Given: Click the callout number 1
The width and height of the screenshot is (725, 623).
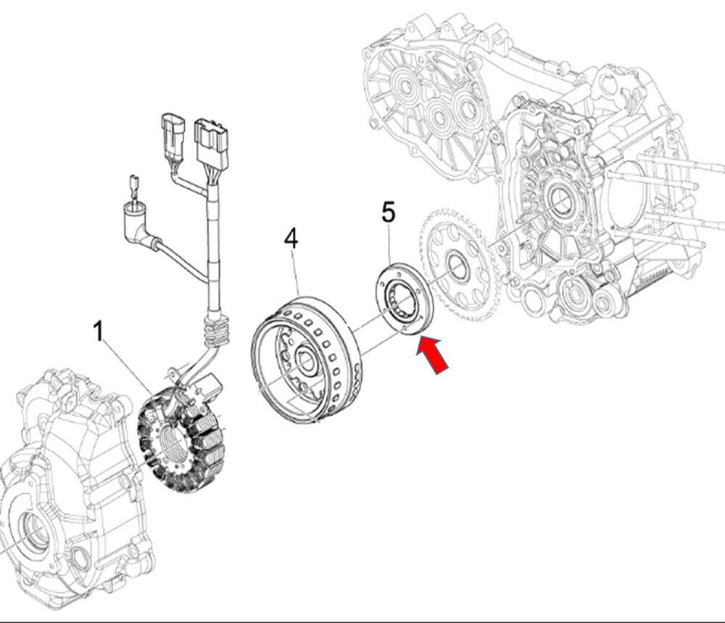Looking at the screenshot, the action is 98,331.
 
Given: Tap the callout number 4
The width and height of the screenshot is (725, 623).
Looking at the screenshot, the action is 291,238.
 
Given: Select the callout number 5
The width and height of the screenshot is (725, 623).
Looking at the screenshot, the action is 389,213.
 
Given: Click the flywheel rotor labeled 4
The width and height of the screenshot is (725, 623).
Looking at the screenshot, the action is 306,360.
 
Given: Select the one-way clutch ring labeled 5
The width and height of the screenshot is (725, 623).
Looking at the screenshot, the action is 404,298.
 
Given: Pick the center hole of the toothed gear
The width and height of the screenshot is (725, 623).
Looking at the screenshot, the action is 457,266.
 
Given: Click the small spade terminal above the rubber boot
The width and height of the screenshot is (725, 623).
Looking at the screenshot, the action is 135,186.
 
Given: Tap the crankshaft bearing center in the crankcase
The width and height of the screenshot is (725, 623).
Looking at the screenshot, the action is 561,199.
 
